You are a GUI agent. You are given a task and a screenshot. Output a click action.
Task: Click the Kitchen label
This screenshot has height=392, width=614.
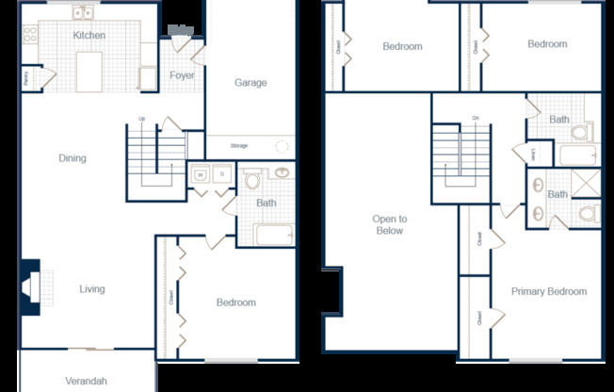(x=89, y=36)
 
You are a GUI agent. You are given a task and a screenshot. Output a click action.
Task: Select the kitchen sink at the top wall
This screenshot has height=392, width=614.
(x=84, y=12)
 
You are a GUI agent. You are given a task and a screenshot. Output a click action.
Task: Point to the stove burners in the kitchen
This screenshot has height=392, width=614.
(x=30, y=36)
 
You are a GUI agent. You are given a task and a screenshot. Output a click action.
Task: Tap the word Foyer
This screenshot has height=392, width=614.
(x=182, y=75)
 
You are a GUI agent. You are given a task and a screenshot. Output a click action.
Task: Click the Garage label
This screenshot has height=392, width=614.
(x=250, y=83)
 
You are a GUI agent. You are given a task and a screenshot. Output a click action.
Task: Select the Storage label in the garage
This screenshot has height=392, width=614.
(x=239, y=146)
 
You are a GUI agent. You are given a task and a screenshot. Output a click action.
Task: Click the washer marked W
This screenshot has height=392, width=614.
(x=200, y=173)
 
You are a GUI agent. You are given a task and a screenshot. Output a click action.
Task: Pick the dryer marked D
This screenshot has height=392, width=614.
(x=220, y=173)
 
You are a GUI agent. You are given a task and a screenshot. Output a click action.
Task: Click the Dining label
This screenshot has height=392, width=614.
(x=73, y=158)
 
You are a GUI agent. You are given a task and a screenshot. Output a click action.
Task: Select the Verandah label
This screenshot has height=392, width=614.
(x=86, y=381)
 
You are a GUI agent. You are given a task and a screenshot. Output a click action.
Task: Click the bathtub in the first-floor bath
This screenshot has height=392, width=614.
(x=273, y=233)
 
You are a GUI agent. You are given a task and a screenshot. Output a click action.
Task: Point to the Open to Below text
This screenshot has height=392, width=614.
(x=389, y=224)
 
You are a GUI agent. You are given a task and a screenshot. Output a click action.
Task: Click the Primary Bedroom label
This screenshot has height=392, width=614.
(x=549, y=291)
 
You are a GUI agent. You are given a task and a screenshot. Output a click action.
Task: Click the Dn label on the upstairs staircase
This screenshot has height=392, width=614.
(x=476, y=119)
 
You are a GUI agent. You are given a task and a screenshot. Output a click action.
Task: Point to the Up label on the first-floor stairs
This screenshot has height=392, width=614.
(x=142, y=119)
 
